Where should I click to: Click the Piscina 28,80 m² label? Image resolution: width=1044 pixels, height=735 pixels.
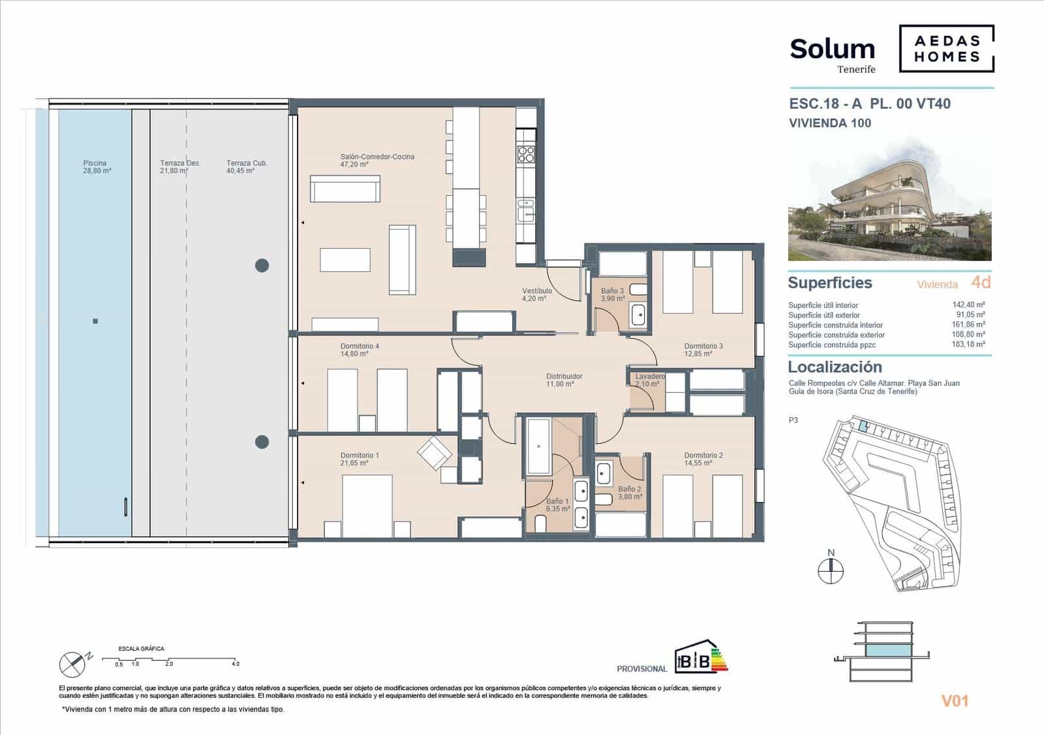tap(97, 167)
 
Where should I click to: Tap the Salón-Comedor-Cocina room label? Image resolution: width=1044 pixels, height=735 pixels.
tap(376, 161)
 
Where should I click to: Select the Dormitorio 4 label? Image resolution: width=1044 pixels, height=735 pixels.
tap(359, 350)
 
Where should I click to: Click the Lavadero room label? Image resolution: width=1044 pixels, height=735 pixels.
tap(649, 380)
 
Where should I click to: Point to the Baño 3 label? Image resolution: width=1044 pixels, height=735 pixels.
tap(612, 294)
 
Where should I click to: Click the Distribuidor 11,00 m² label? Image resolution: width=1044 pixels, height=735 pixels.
tap(564, 380)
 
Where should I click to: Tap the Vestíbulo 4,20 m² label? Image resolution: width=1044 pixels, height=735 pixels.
tap(536, 294)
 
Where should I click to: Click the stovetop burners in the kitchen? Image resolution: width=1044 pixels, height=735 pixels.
tap(526, 154)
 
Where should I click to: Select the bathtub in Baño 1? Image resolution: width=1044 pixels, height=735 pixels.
tap(538, 446)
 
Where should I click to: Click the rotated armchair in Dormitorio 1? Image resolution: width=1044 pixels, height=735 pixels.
tap(435, 452)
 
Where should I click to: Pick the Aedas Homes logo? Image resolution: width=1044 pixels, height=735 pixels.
tap(946, 48)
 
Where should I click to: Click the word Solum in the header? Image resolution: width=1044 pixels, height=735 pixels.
tap(832, 49)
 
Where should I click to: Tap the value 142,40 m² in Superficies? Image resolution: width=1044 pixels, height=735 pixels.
tap(968, 305)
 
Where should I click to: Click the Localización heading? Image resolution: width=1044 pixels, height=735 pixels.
tap(835, 367)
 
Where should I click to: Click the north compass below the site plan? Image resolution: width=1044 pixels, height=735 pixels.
tap(831, 571)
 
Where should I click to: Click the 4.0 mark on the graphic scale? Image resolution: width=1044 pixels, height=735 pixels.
tap(235, 664)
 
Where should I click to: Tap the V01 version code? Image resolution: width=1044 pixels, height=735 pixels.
tap(955, 701)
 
